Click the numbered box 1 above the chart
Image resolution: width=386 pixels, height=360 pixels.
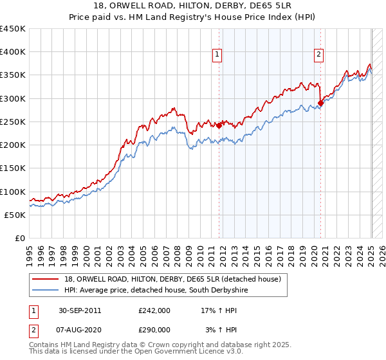point(217,55)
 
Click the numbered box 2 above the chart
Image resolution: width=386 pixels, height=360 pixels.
point(318,55)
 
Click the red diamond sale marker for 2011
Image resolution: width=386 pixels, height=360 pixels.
point(219,125)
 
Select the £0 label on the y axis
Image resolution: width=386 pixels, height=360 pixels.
point(20,239)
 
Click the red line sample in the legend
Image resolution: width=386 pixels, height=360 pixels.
point(47,279)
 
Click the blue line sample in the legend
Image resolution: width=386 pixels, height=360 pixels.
point(47,291)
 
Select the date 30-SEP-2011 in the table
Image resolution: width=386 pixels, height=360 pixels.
point(79,310)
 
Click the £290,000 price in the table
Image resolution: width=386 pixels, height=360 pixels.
point(154,329)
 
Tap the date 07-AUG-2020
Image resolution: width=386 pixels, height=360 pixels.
point(80,329)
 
